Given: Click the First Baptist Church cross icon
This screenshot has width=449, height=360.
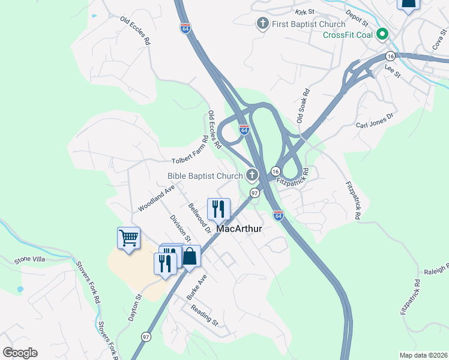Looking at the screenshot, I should [262, 24].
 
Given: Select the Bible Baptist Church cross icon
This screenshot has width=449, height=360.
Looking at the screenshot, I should [252, 175].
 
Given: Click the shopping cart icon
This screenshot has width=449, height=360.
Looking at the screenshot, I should [128, 239].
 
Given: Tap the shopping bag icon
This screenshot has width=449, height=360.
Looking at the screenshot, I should [190, 256].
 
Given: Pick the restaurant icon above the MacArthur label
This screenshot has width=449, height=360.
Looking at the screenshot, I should [218, 209].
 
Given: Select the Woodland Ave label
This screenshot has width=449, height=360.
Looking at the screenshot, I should [155, 198].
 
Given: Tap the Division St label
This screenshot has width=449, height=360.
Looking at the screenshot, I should [176, 229].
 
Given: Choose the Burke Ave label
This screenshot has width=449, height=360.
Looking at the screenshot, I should [196, 287].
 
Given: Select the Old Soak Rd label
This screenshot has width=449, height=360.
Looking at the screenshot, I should [303, 106].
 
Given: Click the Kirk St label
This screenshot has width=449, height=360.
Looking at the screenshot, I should [304, 11].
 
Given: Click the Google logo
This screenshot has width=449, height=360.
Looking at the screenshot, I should [20, 352].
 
